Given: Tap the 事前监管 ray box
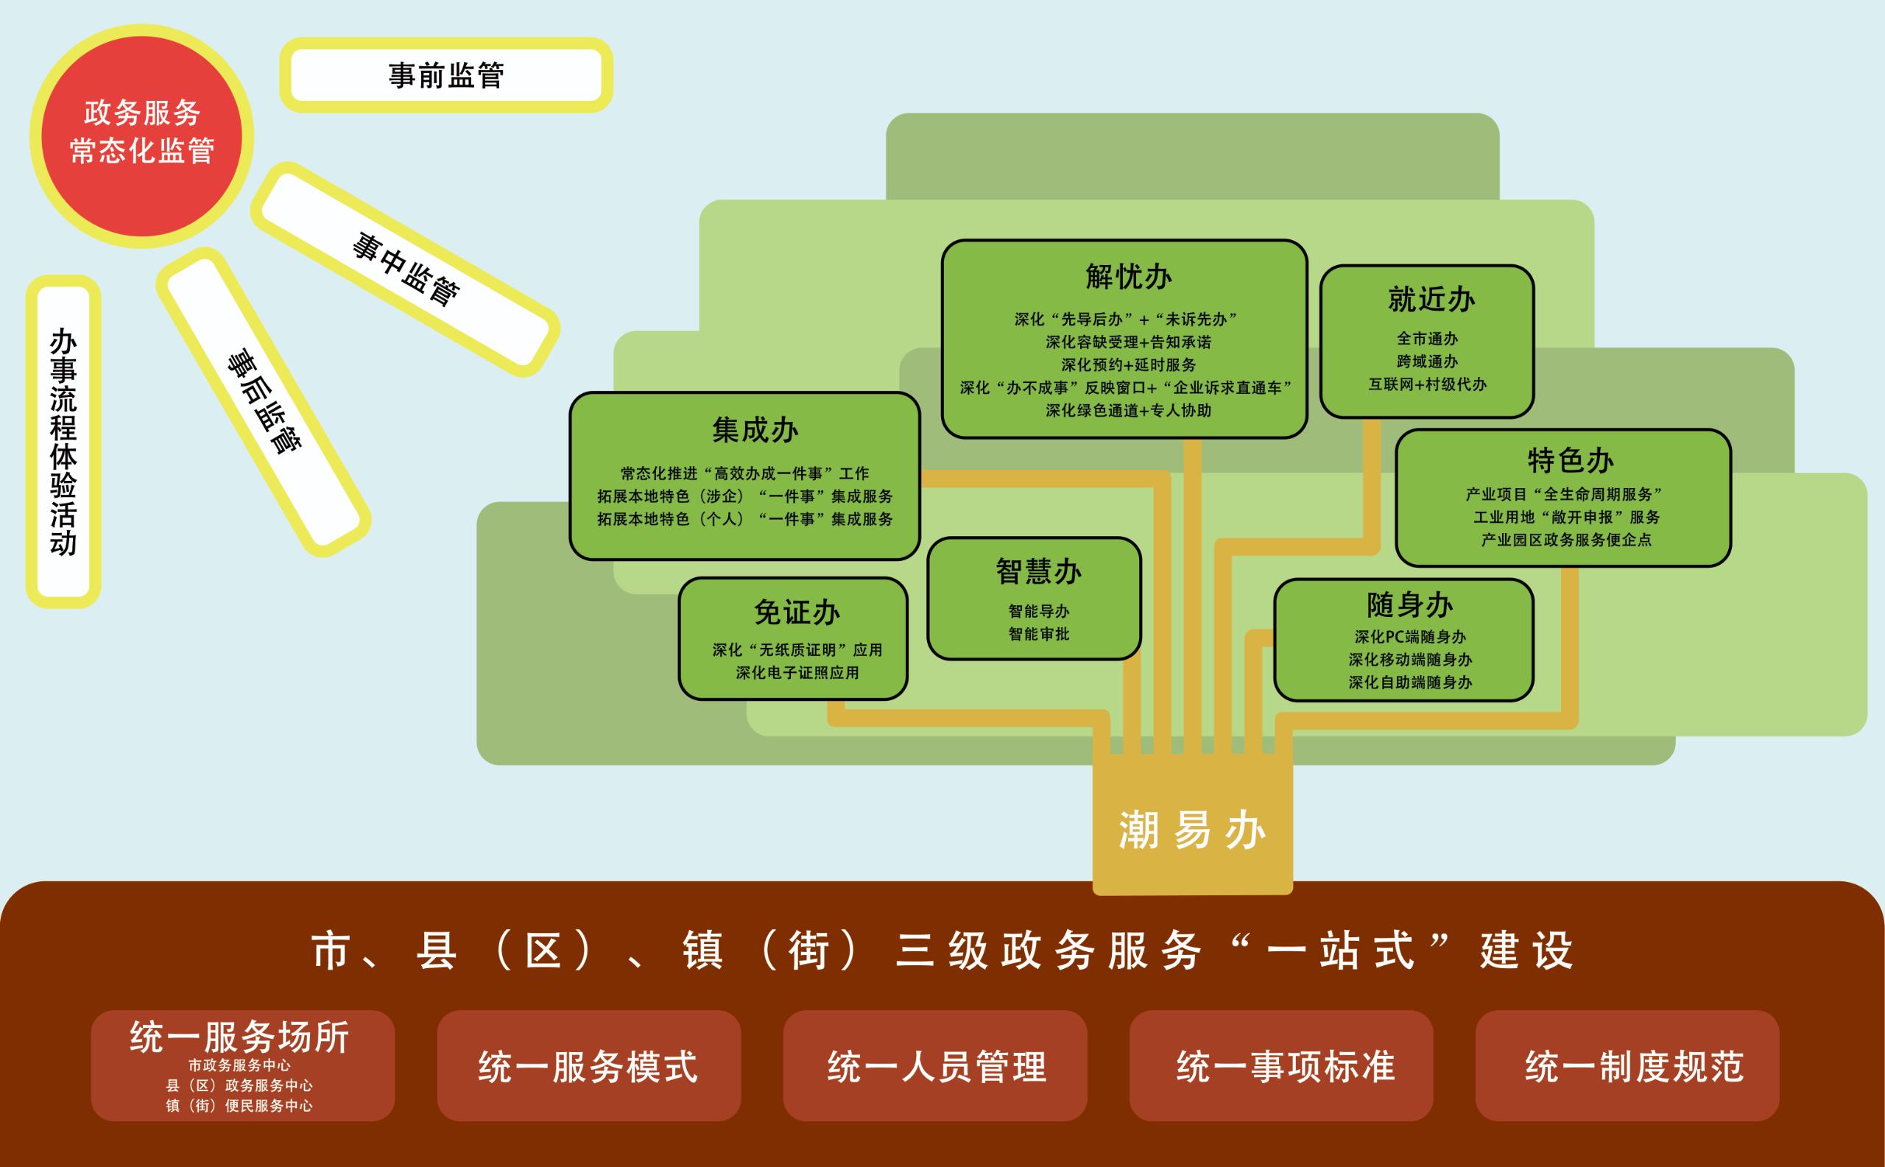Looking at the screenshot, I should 446,75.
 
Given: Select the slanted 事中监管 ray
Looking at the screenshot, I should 405,269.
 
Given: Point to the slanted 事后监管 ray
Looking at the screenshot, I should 264,401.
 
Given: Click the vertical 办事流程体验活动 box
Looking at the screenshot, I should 63,442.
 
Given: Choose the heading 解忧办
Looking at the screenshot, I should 1128,276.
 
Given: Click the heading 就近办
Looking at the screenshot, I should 1431,300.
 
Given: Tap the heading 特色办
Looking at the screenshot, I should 1570,461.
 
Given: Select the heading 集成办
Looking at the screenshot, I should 754,430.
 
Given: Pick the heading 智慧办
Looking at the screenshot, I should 1037,572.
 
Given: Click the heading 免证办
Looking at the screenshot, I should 797,613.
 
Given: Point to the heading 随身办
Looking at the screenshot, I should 1409,605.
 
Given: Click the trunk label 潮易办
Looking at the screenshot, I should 1192,831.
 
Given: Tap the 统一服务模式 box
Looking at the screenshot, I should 588,1067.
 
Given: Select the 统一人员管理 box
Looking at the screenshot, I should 936,1067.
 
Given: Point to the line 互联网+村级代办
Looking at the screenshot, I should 1427,384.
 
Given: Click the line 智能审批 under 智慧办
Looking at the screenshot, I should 1038,634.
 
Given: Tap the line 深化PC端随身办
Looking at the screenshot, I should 1409,637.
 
